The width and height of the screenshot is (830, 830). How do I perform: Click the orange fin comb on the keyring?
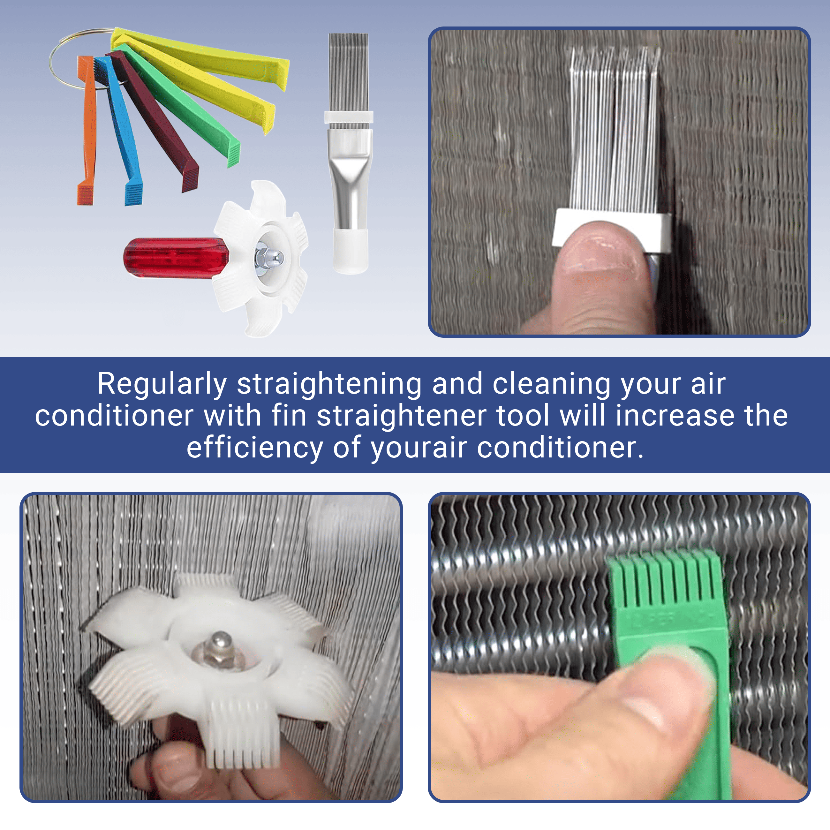point(86,129)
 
